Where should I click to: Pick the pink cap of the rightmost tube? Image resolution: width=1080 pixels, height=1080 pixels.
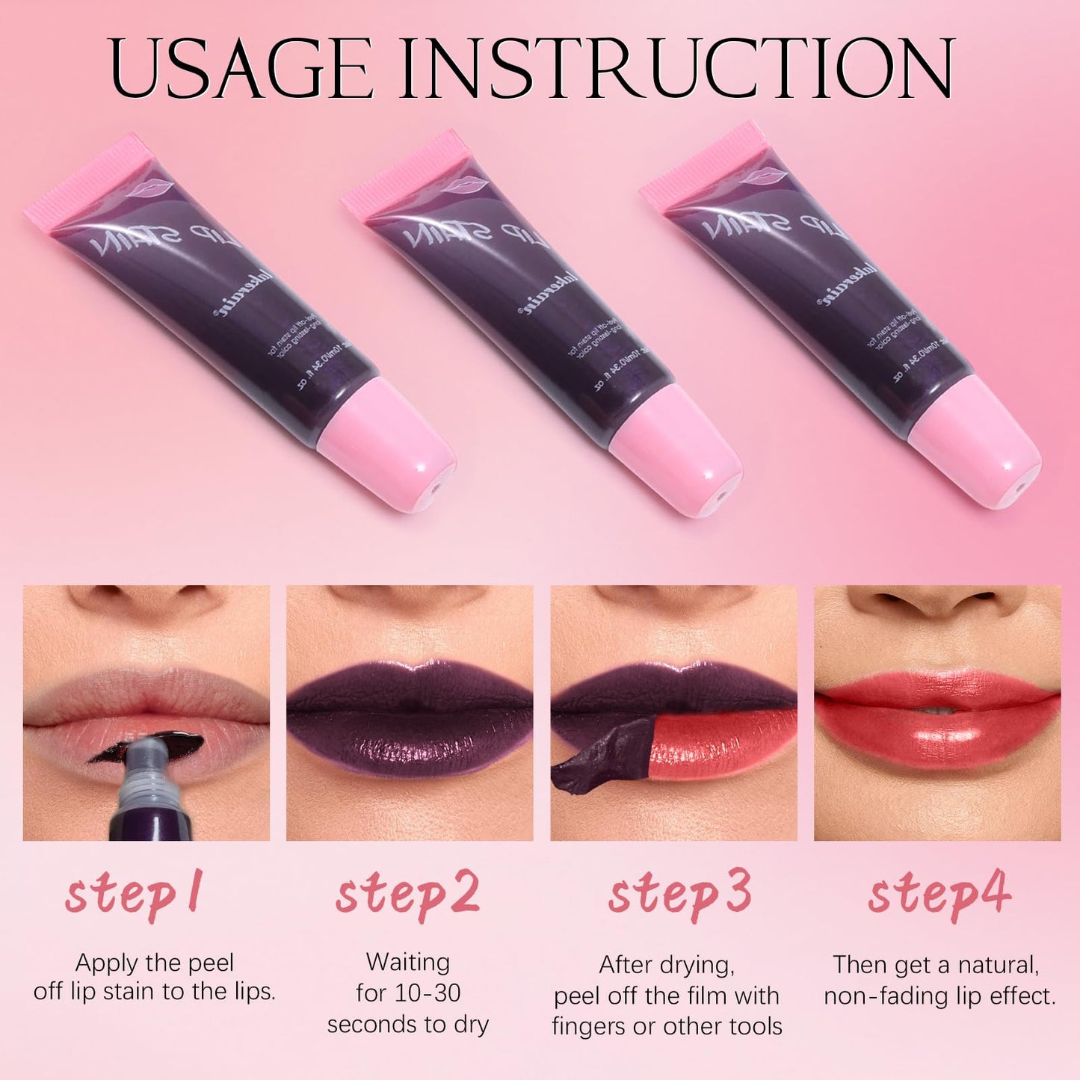(x=975, y=444)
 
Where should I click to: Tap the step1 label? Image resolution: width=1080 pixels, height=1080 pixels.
(x=134, y=895)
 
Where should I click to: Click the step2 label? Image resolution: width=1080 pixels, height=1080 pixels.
(x=407, y=895)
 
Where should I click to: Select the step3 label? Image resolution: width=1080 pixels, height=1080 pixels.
(x=679, y=895)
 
